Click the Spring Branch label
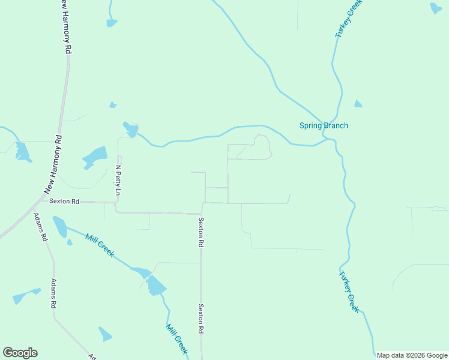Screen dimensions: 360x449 [x=324, y=125]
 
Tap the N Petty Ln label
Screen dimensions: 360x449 [x=118, y=181]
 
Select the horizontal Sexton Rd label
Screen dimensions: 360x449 [x=64, y=202]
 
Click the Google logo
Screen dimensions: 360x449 [x=20, y=353]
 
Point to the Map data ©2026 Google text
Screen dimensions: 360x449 [x=412, y=355]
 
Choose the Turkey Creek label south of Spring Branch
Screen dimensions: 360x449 [x=348, y=292]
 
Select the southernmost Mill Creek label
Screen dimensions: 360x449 [x=176, y=339]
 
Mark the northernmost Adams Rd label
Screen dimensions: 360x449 [x=40, y=227]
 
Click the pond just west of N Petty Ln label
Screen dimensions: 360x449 [x=95, y=157]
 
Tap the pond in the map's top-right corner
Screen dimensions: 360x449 [x=435, y=8]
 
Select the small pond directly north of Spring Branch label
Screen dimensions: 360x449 [x=358, y=104]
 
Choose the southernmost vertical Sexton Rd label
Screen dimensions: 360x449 [x=202, y=319]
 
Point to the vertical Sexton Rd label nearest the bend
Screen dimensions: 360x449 [x=201, y=233]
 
